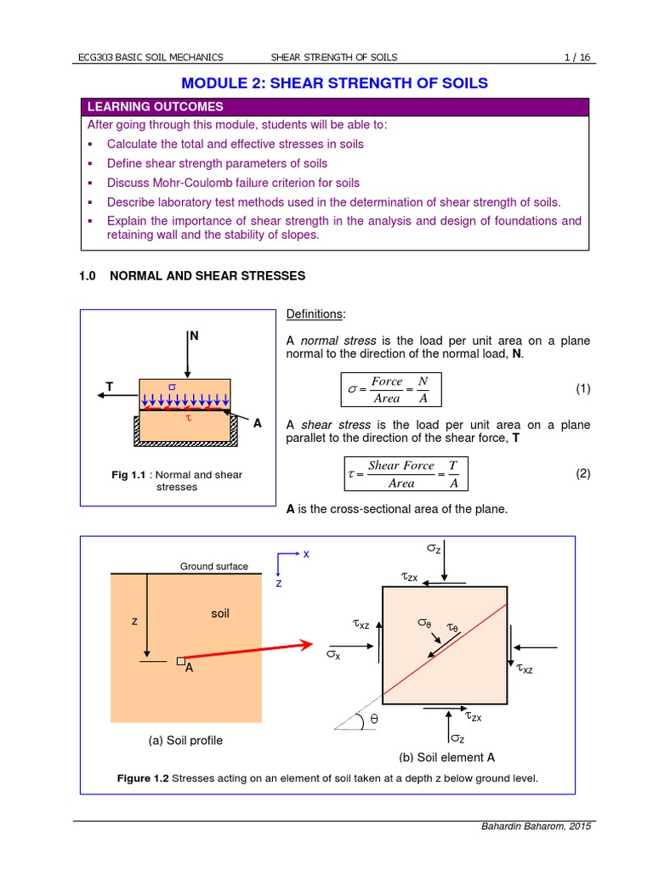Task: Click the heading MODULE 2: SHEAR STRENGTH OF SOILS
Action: (336, 82)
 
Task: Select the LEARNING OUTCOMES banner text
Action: (156, 107)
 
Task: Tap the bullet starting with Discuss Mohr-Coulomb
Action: (232, 183)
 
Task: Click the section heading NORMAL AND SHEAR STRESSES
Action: (207, 276)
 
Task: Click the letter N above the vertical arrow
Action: (195, 336)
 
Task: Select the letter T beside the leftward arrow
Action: (109, 387)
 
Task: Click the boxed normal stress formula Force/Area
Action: (390, 390)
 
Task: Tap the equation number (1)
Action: (582, 389)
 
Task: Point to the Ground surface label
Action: (214, 567)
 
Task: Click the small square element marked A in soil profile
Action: (180, 660)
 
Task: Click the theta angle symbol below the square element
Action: (372, 720)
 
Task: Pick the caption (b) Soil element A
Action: (447, 757)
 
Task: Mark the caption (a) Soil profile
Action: (185, 740)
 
